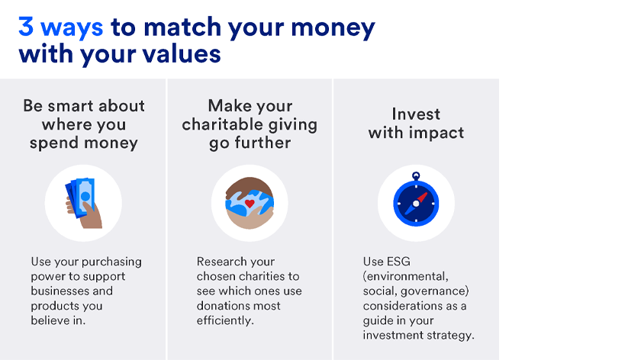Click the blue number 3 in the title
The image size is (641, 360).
[x=27, y=27]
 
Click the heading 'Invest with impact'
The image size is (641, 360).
[x=416, y=123]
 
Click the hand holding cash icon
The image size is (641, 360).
[x=82, y=203]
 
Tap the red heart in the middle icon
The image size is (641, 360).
[x=249, y=204]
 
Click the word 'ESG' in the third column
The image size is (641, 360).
[x=399, y=262]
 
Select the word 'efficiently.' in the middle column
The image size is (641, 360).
[x=226, y=320]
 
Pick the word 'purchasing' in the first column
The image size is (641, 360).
[x=112, y=262]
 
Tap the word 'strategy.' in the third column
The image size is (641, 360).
[x=449, y=335]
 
